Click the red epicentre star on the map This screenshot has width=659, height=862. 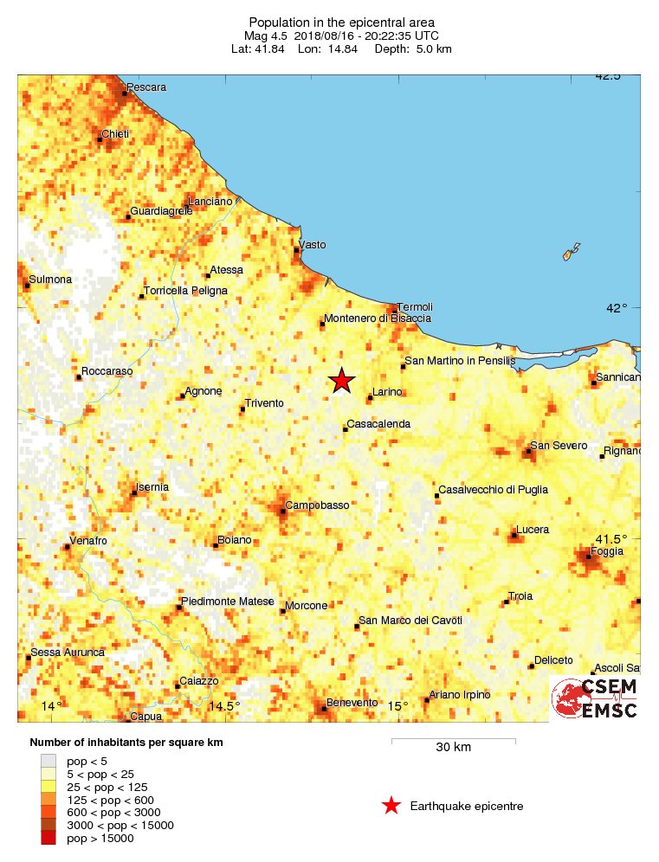342,380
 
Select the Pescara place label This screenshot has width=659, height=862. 146,87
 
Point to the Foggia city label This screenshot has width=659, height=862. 606,551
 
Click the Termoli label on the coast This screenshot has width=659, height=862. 415,307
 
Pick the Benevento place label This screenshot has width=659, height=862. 352,703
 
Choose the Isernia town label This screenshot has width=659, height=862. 153,487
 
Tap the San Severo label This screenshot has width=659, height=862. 559,446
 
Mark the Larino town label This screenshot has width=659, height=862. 388,392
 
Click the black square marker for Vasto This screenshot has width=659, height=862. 297,251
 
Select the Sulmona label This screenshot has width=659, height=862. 50,280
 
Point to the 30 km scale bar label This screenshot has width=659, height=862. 453,748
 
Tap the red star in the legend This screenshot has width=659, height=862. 391,807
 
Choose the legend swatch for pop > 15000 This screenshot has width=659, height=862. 48,838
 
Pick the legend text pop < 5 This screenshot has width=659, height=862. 95,760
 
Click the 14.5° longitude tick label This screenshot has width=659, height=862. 225,706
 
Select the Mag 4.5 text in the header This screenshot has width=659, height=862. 268,35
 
